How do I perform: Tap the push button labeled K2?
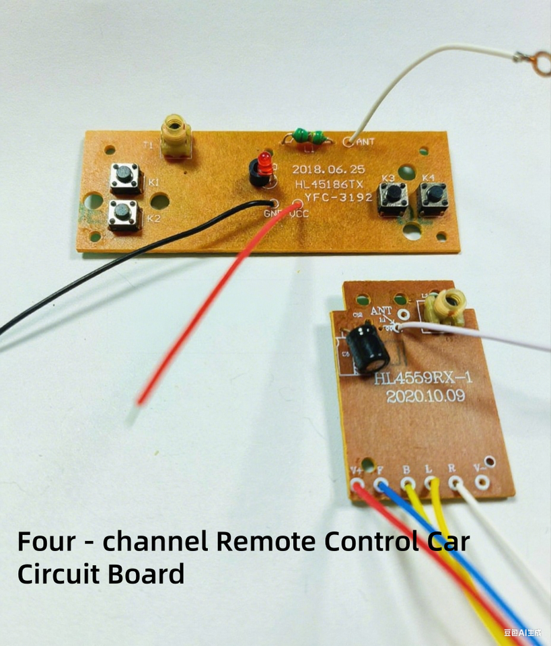pos(122,215)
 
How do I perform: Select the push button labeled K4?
pos(431,196)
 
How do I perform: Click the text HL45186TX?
pos(330,184)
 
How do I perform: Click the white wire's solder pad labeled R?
pos(456,482)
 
